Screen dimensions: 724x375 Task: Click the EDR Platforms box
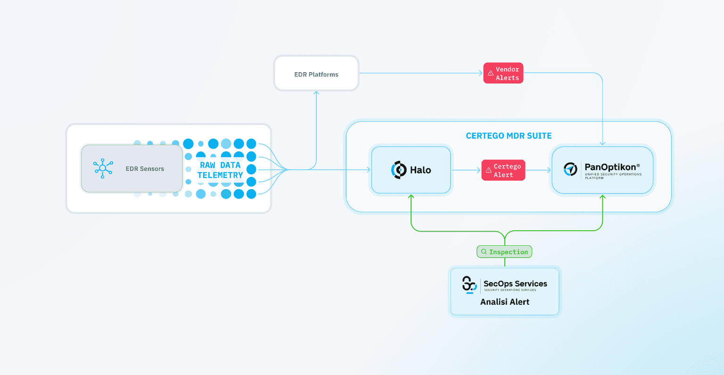tap(316, 73)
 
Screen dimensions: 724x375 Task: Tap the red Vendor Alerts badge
tap(503, 73)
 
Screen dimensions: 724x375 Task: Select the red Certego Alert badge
tap(503, 170)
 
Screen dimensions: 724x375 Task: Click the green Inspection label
tap(504, 252)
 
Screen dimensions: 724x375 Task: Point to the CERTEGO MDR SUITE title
tap(509, 136)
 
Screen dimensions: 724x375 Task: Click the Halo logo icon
tap(399, 170)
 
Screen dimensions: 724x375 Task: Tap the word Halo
tap(420, 170)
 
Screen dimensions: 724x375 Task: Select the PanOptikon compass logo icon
tap(570, 169)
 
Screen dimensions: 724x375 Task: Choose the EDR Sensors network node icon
tap(103, 168)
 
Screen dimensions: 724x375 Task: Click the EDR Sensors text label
tap(145, 168)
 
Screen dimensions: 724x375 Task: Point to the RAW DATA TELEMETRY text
tap(220, 170)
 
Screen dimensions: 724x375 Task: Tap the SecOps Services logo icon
tap(469, 285)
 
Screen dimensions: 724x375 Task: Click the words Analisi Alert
tap(504, 302)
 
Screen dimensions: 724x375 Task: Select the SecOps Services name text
tap(515, 283)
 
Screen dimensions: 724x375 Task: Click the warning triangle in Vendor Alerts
tap(490, 73)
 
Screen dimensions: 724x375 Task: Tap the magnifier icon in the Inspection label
tap(484, 252)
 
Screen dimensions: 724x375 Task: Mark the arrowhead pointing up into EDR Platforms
tap(316, 93)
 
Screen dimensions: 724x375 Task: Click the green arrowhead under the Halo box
tap(411, 196)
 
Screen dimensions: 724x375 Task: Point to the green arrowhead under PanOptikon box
tap(602, 196)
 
